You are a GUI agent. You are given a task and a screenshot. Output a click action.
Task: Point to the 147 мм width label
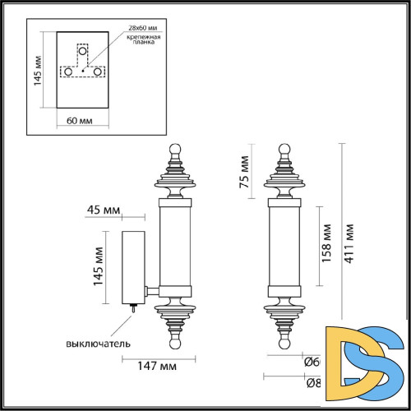157,367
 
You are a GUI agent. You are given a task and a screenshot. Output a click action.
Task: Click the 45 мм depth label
103,210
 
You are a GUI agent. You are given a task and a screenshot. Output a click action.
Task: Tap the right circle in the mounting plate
98,72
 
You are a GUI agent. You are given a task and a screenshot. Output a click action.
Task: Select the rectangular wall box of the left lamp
132,266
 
